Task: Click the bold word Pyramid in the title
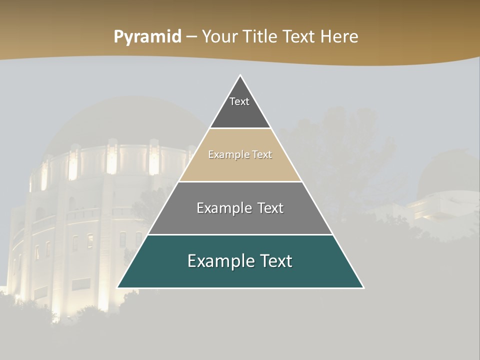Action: pyautogui.click(x=147, y=36)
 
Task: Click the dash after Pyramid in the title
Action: pyautogui.click(x=191, y=37)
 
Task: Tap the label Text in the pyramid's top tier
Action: pyautogui.click(x=239, y=101)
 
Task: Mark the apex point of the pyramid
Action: pyautogui.click(x=240, y=76)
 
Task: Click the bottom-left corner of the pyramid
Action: pyautogui.click(x=118, y=287)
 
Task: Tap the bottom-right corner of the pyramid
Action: pyautogui.click(x=363, y=287)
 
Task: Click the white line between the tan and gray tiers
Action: pyautogui.click(x=240, y=181)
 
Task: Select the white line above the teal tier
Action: pyautogui.click(x=240, y=234)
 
